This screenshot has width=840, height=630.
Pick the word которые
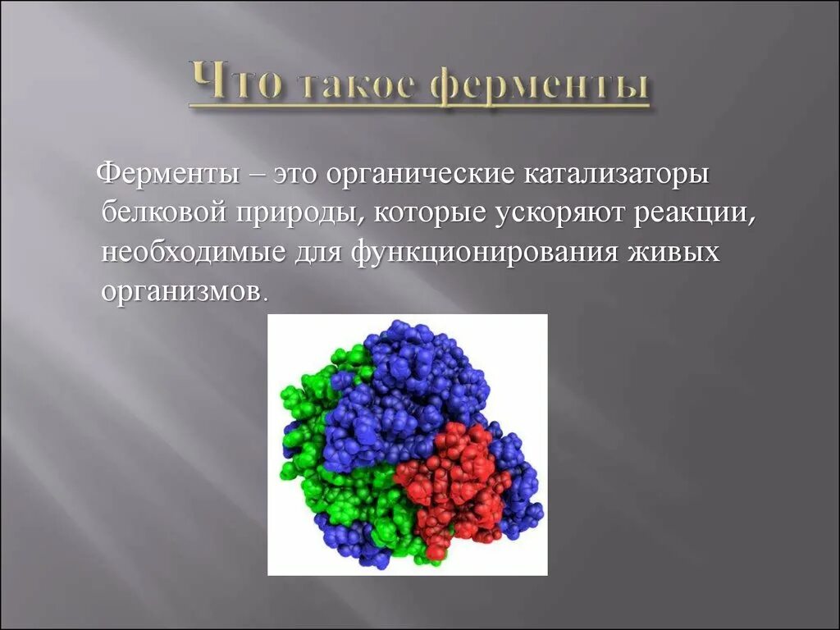pyautogui.click(x=431, y=213)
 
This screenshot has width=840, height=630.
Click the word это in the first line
pyautogui.click(x=296, y=176)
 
